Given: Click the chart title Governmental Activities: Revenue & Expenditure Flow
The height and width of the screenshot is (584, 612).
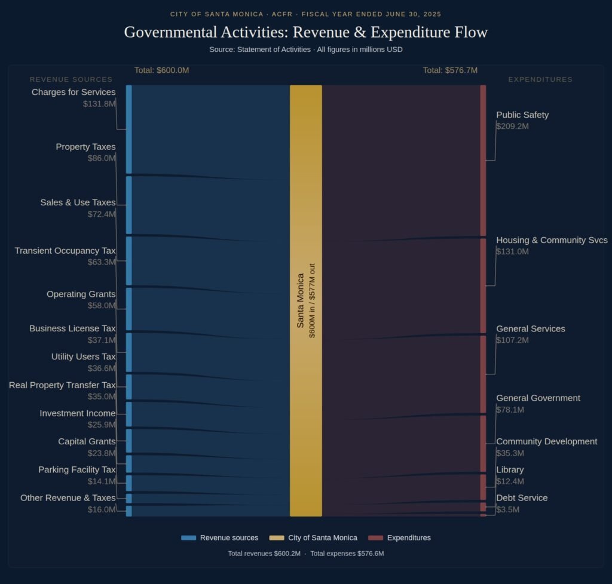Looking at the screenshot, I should pos(305,32).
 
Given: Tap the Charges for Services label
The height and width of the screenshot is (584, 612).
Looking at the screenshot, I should pos(74,92).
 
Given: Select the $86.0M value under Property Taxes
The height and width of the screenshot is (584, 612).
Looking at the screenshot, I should pos(100,158).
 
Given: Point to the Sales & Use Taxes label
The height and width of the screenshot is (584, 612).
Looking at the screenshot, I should pos(78,202).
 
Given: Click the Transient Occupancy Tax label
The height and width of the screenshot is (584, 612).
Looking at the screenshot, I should pos(65,251).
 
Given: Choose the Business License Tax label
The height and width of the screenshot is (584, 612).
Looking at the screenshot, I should pos(72,328).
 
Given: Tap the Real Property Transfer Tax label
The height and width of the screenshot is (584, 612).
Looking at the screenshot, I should pos(62,385).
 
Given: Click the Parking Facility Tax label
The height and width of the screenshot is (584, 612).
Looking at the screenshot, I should pos(77,470).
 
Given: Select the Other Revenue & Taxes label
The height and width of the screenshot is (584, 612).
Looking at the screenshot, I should pos(68,498).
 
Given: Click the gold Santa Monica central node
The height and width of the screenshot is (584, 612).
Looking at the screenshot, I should pos(306,300).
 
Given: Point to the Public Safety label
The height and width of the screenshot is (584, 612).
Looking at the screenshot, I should pos(522,115).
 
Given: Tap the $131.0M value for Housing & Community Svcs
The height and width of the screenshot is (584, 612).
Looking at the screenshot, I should pos(512,251).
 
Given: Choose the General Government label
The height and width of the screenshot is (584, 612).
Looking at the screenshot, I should pos(538,398).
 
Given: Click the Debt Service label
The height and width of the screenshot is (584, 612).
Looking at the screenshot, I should pos(522,498).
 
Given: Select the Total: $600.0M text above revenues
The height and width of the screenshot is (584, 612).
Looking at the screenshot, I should pos(161,70).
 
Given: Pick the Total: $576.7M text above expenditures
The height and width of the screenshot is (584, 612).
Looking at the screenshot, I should pos(450,70).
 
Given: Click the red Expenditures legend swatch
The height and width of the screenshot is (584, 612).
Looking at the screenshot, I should pos(375,538).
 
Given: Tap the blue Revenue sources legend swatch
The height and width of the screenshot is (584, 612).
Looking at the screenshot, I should pos(188,538).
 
